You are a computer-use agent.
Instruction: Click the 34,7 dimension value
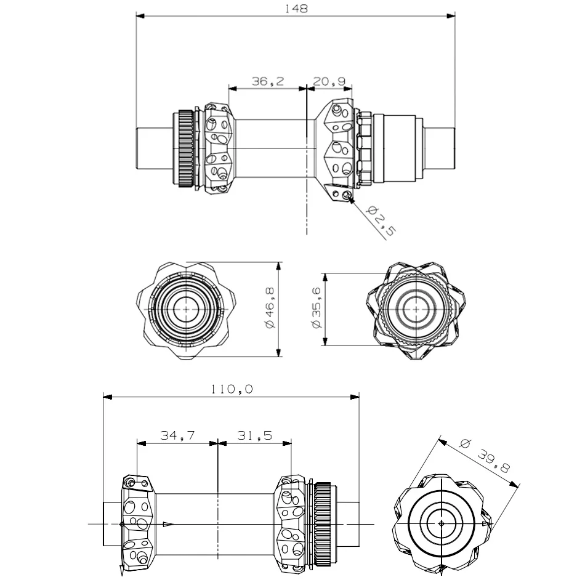pyautogui.click(x=177, y=435)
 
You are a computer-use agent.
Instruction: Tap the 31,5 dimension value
pyautogui.click(x=254, y=435)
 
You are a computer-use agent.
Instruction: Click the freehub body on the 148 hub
pyautogui.click(x=397, y=148)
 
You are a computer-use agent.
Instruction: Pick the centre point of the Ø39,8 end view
pyautogui.click(x=441, y=523)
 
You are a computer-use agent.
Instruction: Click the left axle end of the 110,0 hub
pyautogui.click(x=113, y=523)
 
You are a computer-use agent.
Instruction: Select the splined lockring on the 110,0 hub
pyautogui.click(x=325, y=523)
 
